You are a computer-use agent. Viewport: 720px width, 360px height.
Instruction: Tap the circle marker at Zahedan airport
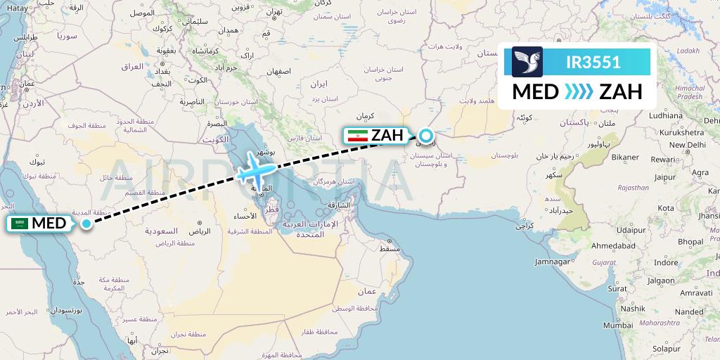coord(425,136)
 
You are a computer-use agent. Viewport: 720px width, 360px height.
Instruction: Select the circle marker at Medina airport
coord(86,224)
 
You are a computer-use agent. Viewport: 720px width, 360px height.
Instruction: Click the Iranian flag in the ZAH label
coord(357,135)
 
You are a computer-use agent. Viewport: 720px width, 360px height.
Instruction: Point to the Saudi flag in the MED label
coord(20,224)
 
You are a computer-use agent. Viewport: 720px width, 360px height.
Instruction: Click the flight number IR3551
coord(593,61)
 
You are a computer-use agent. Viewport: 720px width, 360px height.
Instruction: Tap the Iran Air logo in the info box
coord(527,61)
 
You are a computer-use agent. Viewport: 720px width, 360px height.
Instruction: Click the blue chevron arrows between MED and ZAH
coord(579,91)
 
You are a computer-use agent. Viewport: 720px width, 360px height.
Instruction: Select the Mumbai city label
coord(618,326)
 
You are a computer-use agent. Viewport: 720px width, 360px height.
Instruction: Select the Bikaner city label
coord(625,157)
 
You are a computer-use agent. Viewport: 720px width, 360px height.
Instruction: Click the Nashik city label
coord(633,308)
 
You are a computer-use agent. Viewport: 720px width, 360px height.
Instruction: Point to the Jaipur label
coord(664,178)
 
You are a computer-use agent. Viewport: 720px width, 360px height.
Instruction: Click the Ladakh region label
coord(688,51)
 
